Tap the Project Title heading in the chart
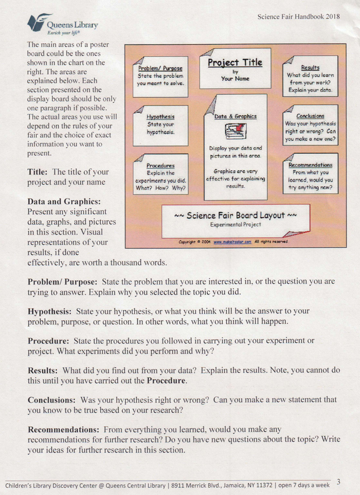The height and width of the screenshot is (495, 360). pos(235,63)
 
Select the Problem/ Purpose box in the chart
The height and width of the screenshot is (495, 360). pos(160,76)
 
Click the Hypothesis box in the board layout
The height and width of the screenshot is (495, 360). pos(160,125)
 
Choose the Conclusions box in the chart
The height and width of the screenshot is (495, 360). pos(310,125)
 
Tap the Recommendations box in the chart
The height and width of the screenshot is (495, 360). pos(310,173)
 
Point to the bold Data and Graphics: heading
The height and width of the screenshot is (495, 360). pos(64,201)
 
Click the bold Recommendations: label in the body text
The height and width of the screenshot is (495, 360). pos(64,429)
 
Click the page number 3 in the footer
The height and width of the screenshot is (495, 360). pos(338,482)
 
